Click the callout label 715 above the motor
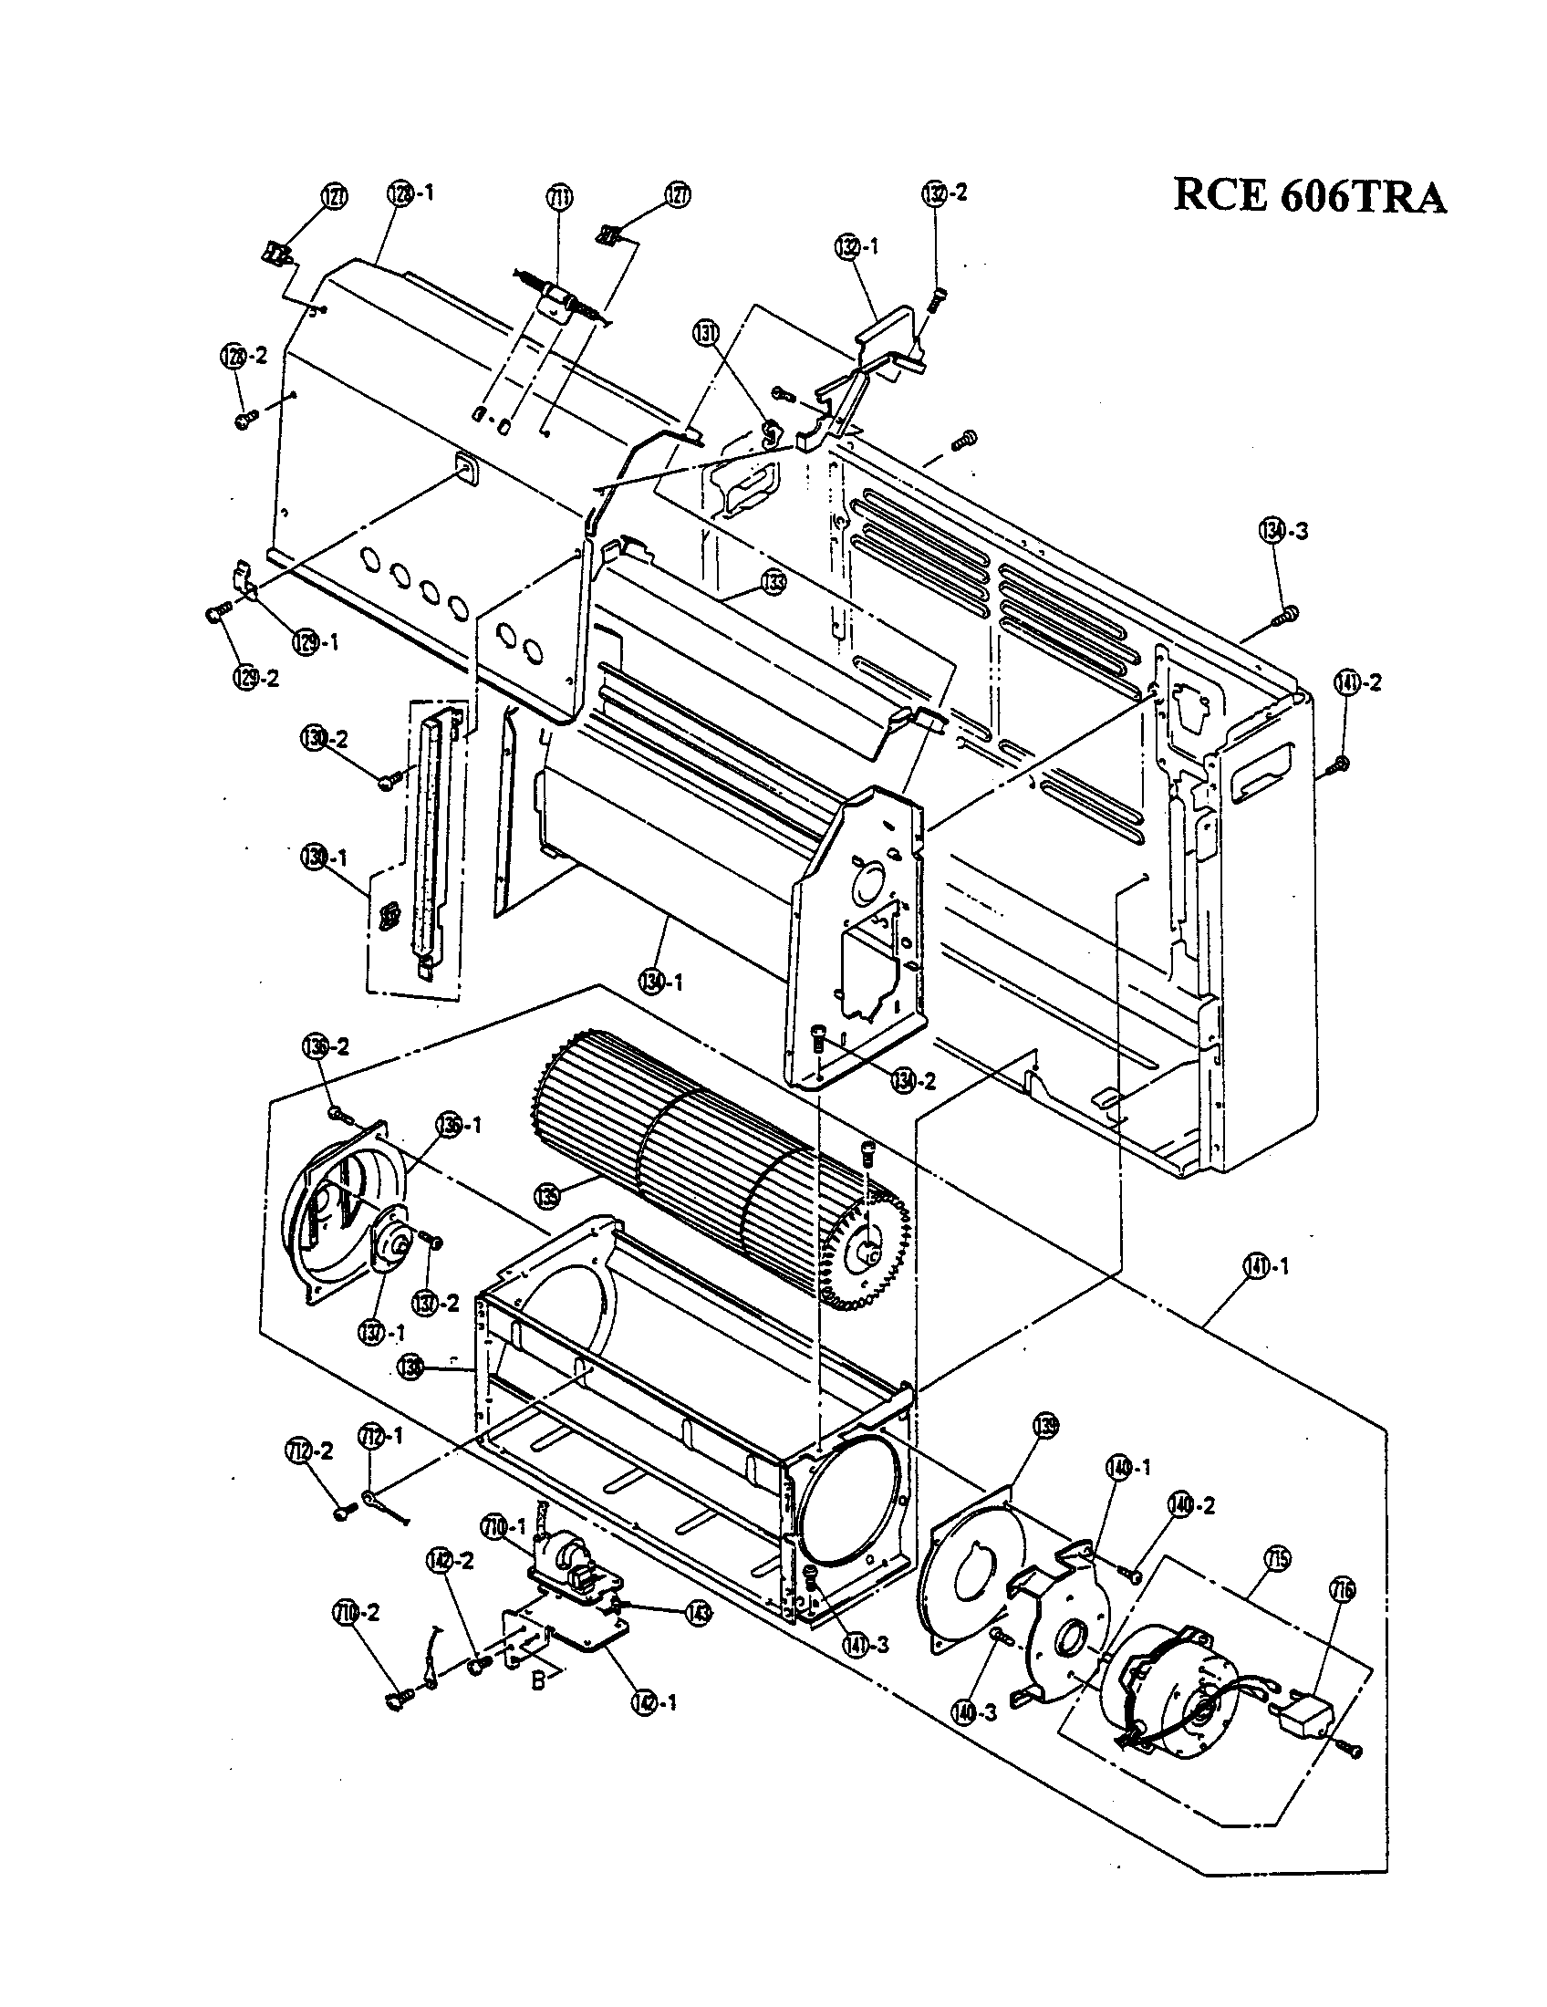click(1279, 1557)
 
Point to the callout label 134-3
click(1282, 531)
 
